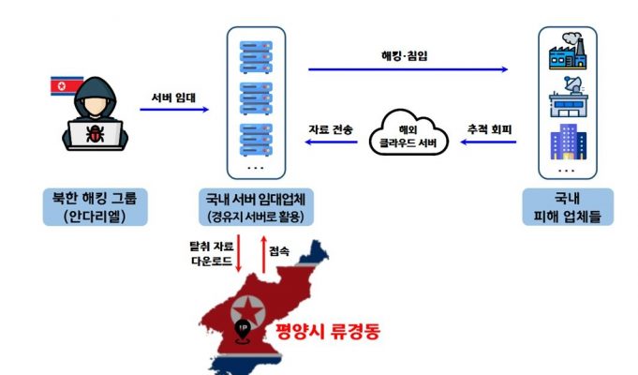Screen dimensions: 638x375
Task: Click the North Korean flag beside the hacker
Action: pos(65,86)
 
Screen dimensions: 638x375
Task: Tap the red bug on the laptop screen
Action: pos(96,134)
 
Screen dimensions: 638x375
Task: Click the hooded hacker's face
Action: pos(96,106)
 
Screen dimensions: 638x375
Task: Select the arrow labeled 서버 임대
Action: pos(174,109)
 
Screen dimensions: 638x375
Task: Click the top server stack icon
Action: pos(256,57)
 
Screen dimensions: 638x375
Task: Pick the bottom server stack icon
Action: pos(256,140)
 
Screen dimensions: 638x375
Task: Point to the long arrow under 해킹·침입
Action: pos(408,69)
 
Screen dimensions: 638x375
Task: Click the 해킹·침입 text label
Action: pos(405,56)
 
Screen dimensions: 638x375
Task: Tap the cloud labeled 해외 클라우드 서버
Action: pos(408,132)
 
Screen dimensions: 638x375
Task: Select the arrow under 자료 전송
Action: pos(332,142)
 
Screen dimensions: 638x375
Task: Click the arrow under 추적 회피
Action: pos(488,142)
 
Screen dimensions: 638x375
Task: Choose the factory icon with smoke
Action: pos(568,52)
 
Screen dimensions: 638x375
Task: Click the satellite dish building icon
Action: pos(568,97)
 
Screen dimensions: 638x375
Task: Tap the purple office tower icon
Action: pos(569,142)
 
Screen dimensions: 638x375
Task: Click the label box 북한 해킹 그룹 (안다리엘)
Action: pos(96,207)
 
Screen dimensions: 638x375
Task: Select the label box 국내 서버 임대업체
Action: pos(256,207)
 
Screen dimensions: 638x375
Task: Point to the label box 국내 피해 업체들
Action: pos(568,207)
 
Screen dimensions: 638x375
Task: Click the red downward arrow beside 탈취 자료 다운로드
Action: pos(239,253)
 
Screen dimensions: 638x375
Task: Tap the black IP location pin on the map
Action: pos(244,331)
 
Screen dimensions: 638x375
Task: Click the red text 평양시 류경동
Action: pos(328,331)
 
